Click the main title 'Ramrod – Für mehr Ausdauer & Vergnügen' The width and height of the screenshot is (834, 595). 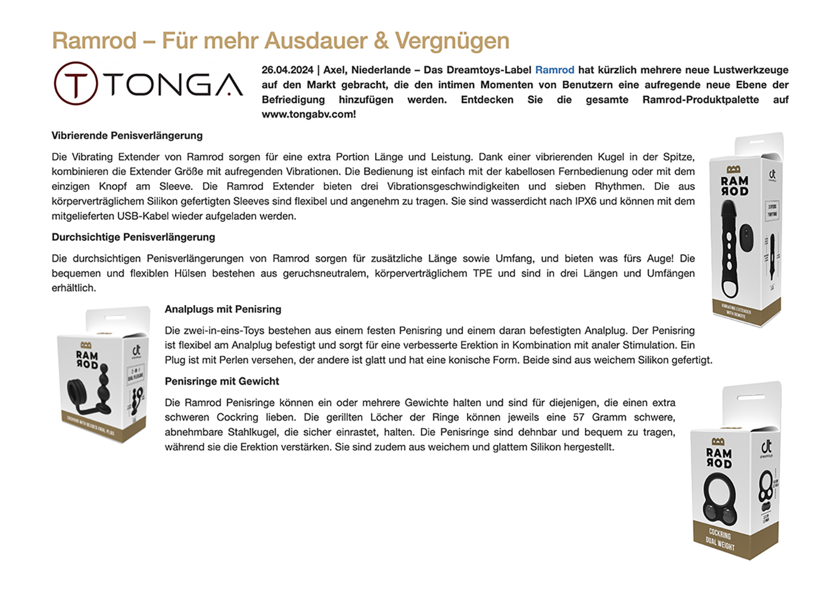pos(281,41)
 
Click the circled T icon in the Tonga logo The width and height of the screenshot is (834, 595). pos(76,84)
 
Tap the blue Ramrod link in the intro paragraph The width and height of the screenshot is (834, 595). pos(555,70)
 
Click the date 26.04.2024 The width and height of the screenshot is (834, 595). pos(287,70)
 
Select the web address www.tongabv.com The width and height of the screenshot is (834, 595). pos(308,114)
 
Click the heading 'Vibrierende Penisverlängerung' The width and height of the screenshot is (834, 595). pos(127,136)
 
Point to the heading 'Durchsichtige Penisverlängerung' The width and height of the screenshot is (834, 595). pos(133,237)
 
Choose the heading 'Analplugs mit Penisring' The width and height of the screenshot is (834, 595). pos(223,309)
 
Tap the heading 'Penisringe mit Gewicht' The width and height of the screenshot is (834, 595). pos(222,381)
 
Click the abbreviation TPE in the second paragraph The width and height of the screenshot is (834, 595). pos(483,273)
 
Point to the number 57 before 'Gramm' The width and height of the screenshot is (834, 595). pos(578,418)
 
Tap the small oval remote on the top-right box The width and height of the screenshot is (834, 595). pos(746,236)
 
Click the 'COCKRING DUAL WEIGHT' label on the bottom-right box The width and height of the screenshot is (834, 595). pos(720,540)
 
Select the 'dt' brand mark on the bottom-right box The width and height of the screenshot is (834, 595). pos(766,446)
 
